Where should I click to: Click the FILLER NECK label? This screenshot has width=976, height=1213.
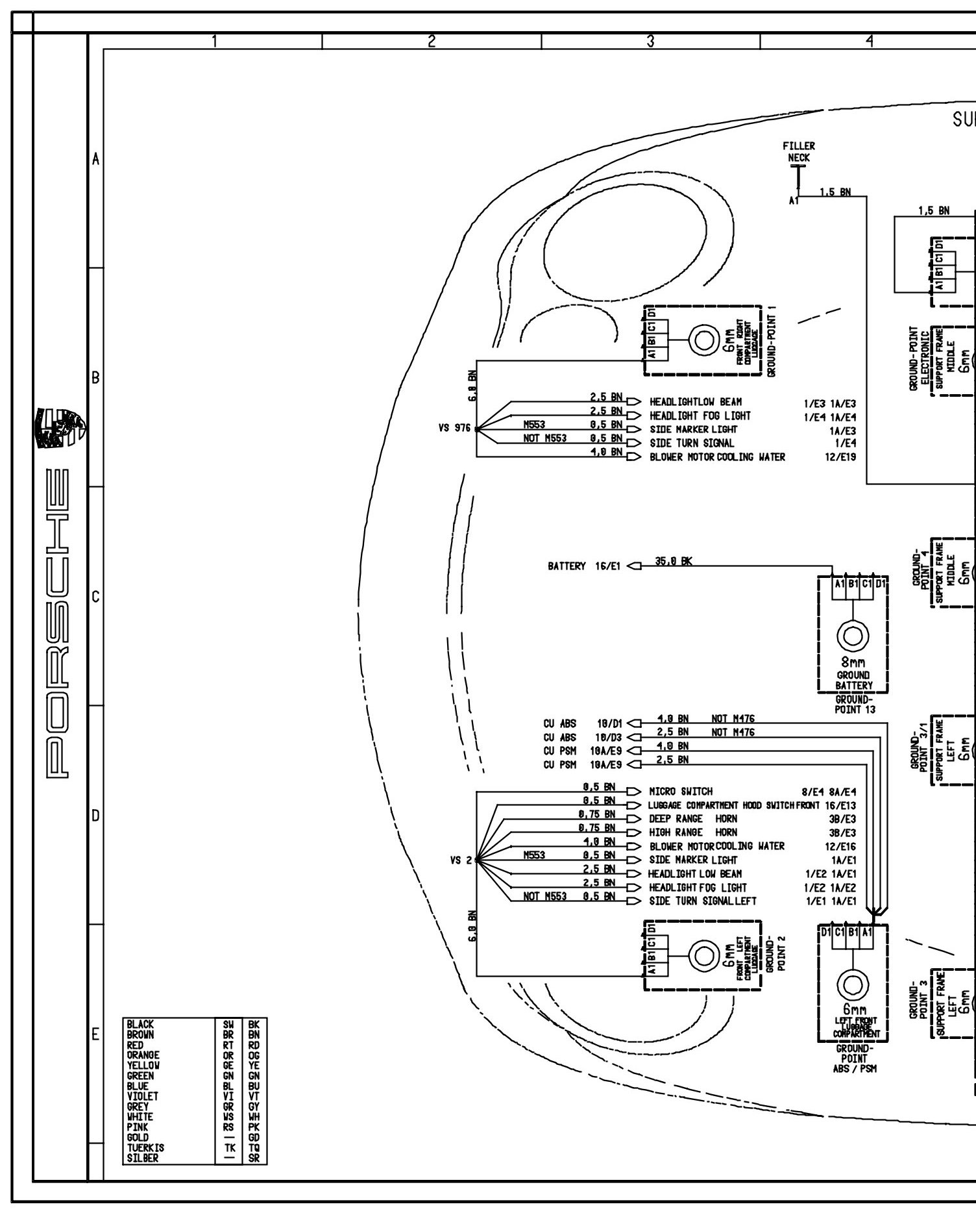point(798,152)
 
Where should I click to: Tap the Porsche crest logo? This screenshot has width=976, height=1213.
point(62,429)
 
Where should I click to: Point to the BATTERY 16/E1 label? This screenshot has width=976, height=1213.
point(584,566)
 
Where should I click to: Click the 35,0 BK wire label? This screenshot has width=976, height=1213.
point(673,562)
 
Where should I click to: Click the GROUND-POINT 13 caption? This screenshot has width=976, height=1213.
point(854,705)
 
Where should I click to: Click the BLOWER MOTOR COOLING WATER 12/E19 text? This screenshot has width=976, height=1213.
point(717,457)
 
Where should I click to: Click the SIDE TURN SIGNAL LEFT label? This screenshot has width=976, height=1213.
point(703,901)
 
